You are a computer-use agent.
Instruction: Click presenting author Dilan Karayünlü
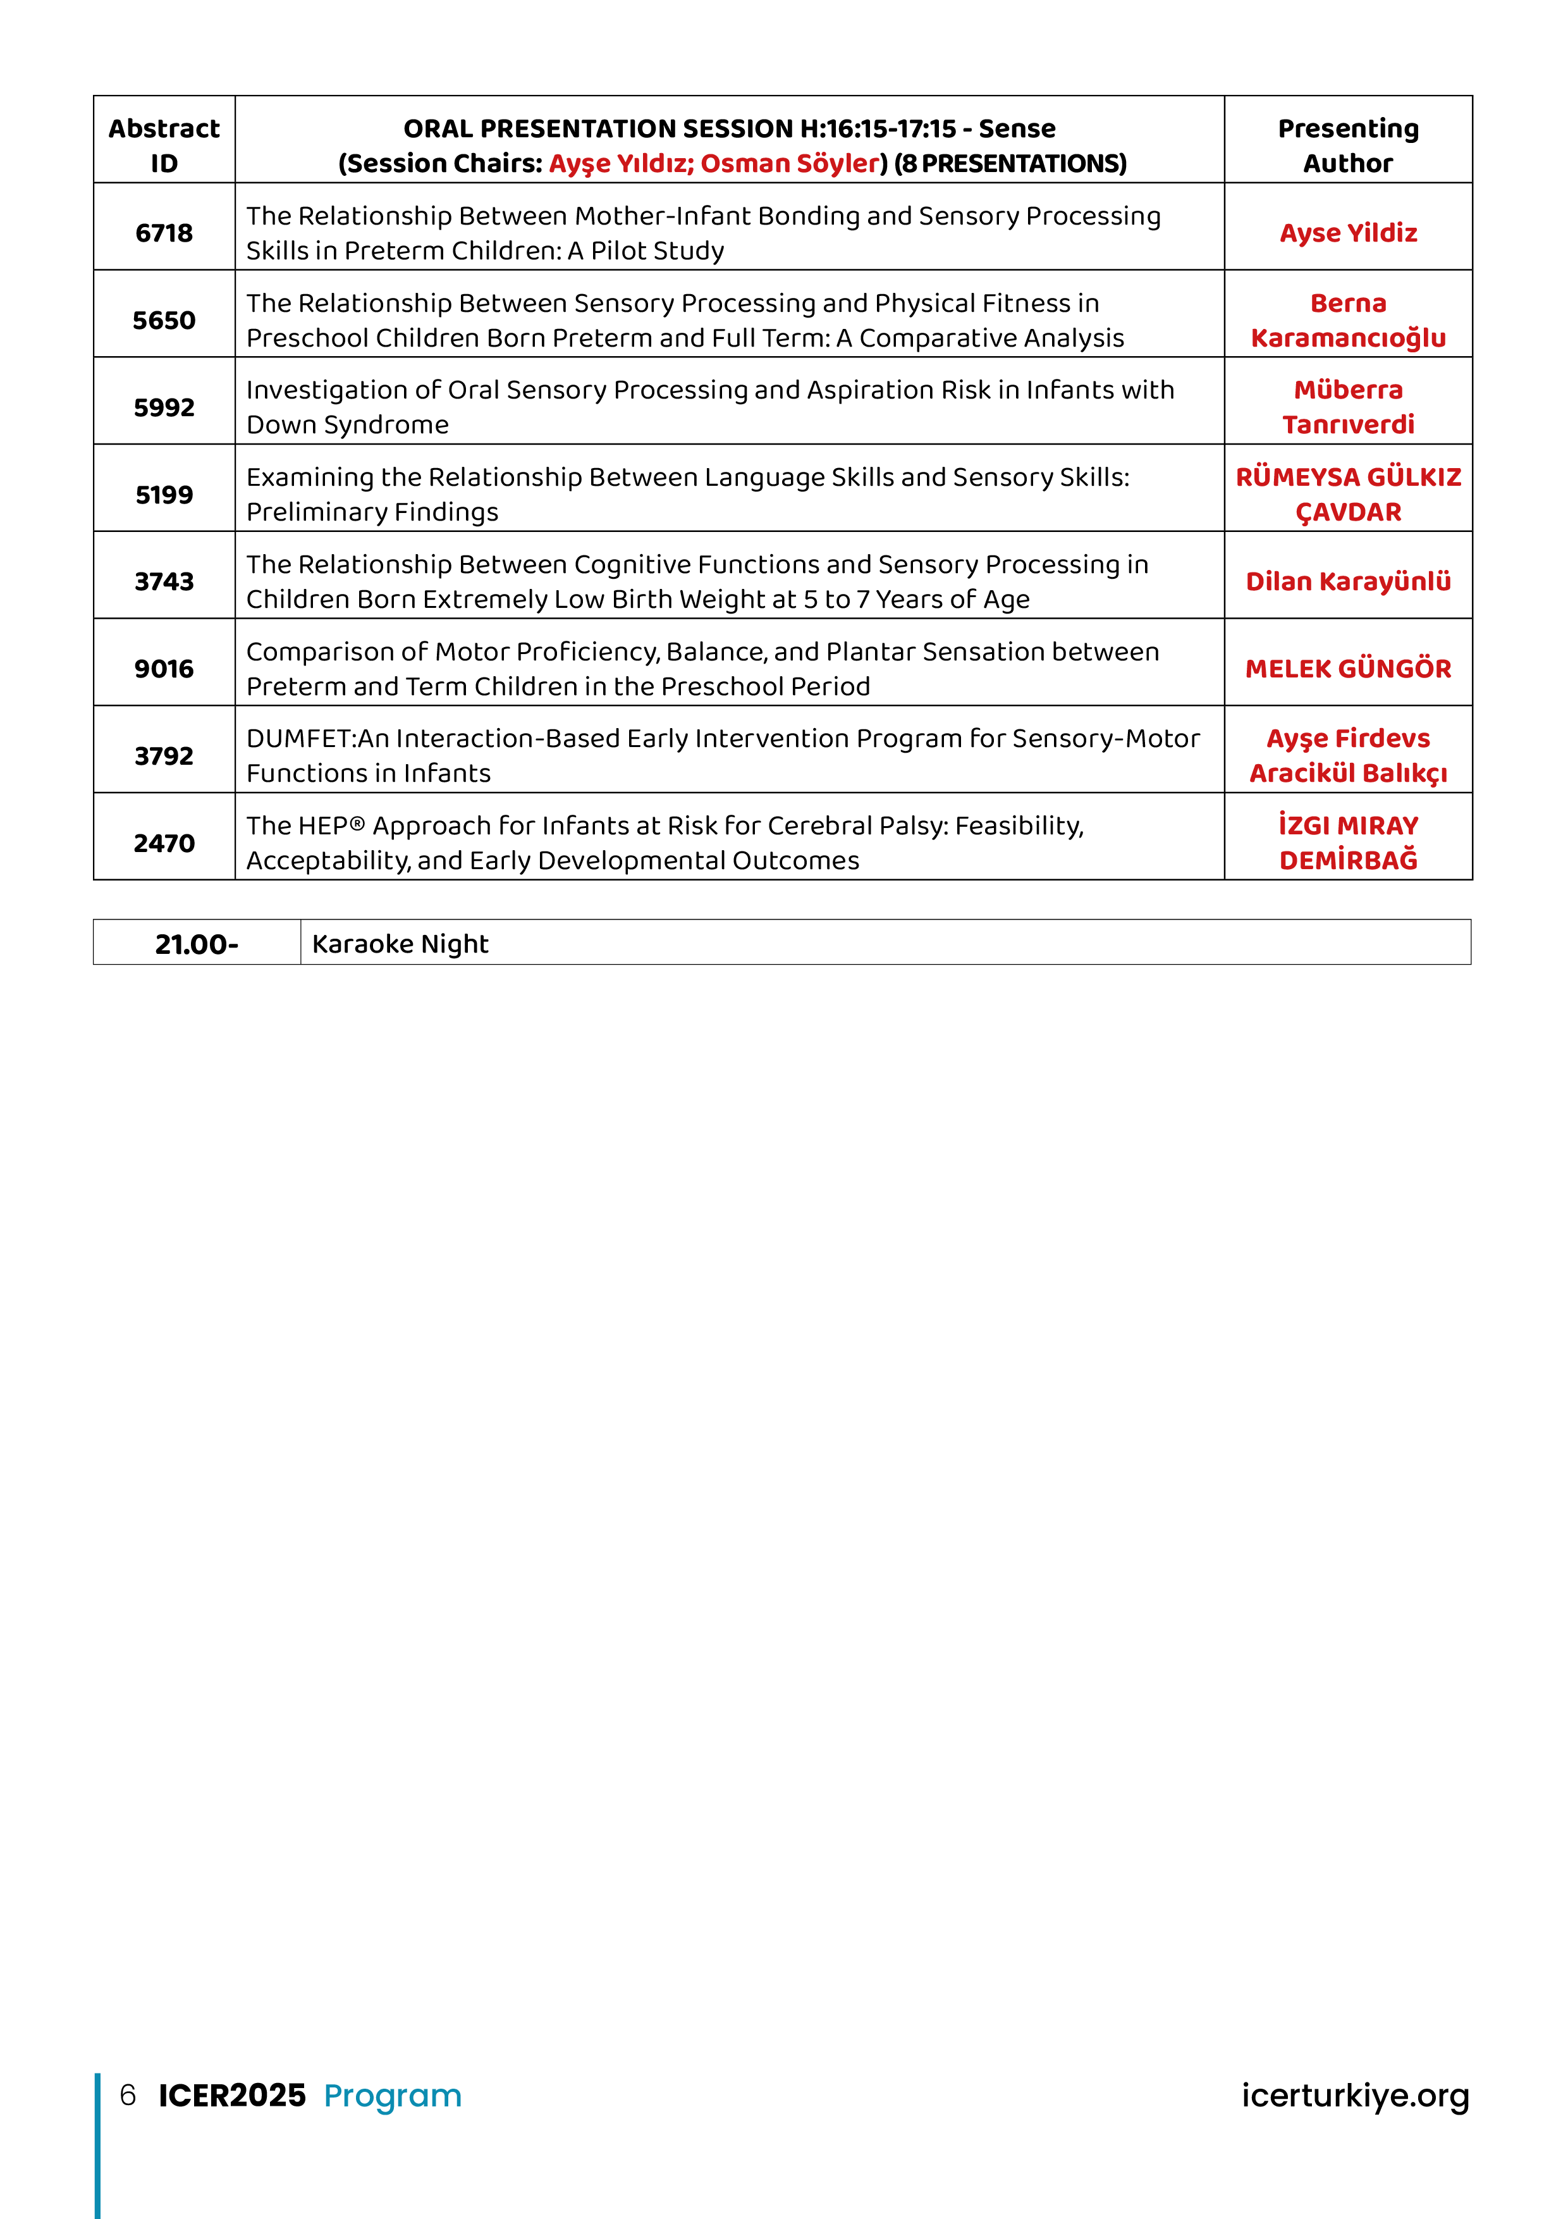(x=1348, y=582)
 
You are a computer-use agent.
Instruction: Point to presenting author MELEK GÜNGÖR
(x=1348, y=669)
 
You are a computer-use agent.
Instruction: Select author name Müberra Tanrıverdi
(x=1348, y=407)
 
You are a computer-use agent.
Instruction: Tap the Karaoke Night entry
(x=400, y=944)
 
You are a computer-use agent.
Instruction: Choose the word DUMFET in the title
(x=300, y=738)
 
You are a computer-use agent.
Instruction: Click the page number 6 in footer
(x=128, y=2095)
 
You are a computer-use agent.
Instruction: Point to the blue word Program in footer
(x=392, y=2095)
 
